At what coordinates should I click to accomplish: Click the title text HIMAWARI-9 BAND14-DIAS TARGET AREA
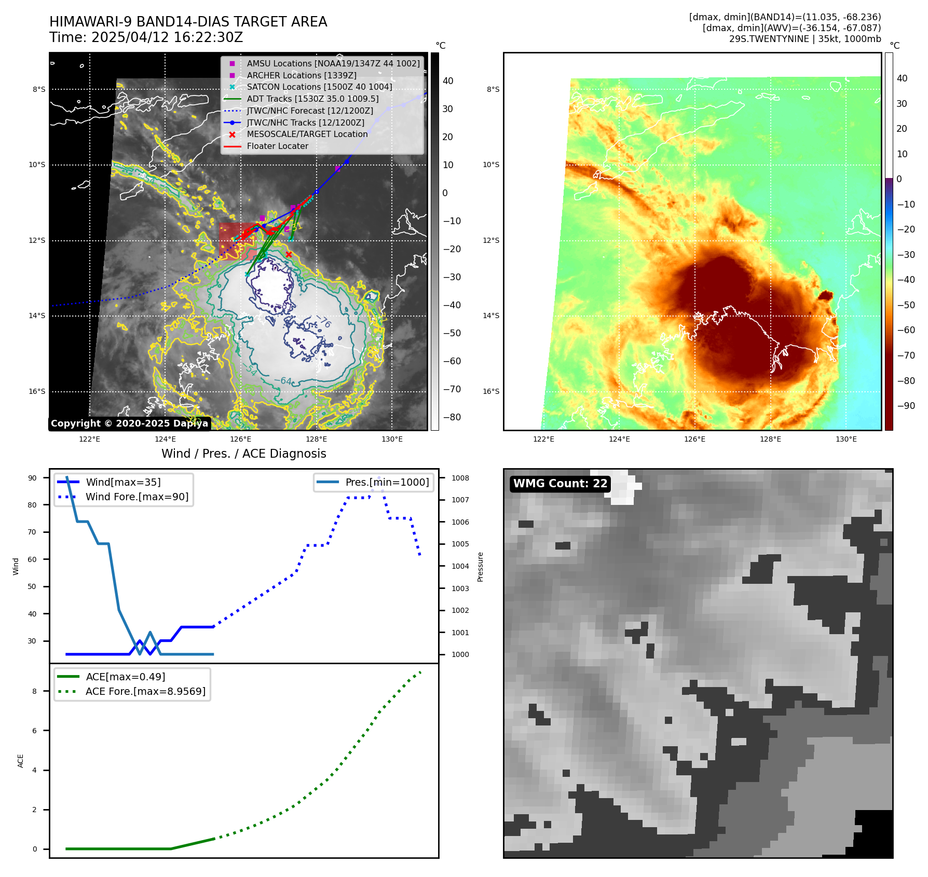click(188, 22)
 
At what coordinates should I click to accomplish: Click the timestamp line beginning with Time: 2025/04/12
click(146, 37)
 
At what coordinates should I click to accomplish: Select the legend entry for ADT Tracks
click(312, 99)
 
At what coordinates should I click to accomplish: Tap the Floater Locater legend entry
click(277, 146)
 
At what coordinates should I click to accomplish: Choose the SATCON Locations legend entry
click(319, 87)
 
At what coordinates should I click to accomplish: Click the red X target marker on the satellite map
click(289, 254)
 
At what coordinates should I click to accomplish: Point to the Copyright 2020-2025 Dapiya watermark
click(129, 423)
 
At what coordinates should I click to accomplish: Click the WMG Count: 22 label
click(560, 484)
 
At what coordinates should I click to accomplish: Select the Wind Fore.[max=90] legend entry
click(137, 497)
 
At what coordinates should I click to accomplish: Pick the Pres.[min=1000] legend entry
click(387, 482)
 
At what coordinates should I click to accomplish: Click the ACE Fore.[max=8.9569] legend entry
click(145, 691)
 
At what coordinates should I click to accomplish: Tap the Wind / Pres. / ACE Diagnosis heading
click(243, 454)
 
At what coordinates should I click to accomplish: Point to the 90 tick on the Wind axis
click(32, 478)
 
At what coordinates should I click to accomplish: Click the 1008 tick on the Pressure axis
click(460, 478)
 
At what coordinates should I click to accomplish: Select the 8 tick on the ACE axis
click(35, 691)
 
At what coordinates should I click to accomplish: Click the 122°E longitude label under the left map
click(90, 439)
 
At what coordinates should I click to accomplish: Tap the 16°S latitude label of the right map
click(492, 391)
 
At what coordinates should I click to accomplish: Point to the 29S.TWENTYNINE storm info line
click(804, 39)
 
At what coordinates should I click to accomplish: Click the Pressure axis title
click(480, 567)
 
